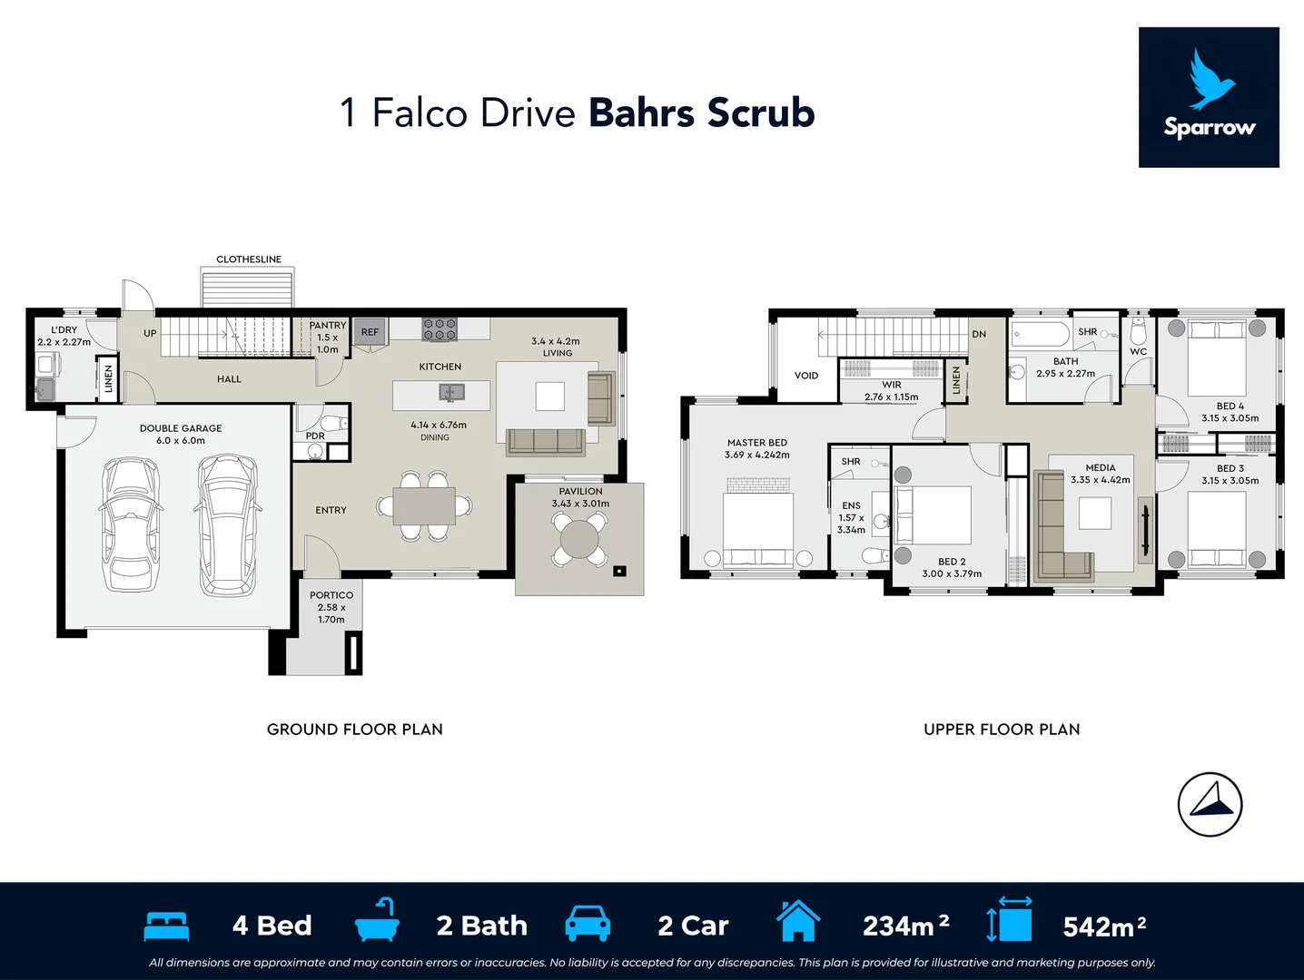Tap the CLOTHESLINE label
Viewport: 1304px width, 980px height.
248,260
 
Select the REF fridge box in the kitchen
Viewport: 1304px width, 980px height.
370,332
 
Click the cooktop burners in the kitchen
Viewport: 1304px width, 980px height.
439,329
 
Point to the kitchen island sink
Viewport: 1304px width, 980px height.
452,393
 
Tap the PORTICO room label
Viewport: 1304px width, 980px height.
331,595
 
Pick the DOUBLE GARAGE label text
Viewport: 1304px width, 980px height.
181,428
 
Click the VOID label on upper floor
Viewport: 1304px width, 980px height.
806,376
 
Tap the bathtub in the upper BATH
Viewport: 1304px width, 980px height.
1041,335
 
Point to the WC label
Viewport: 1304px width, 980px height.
1138,352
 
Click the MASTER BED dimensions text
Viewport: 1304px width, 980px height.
756,456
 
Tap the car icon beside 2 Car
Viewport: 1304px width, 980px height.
588,924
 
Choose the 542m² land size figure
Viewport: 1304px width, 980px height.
1104,926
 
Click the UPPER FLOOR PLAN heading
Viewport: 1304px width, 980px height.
1002,730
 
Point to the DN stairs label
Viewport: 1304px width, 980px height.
979,334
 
